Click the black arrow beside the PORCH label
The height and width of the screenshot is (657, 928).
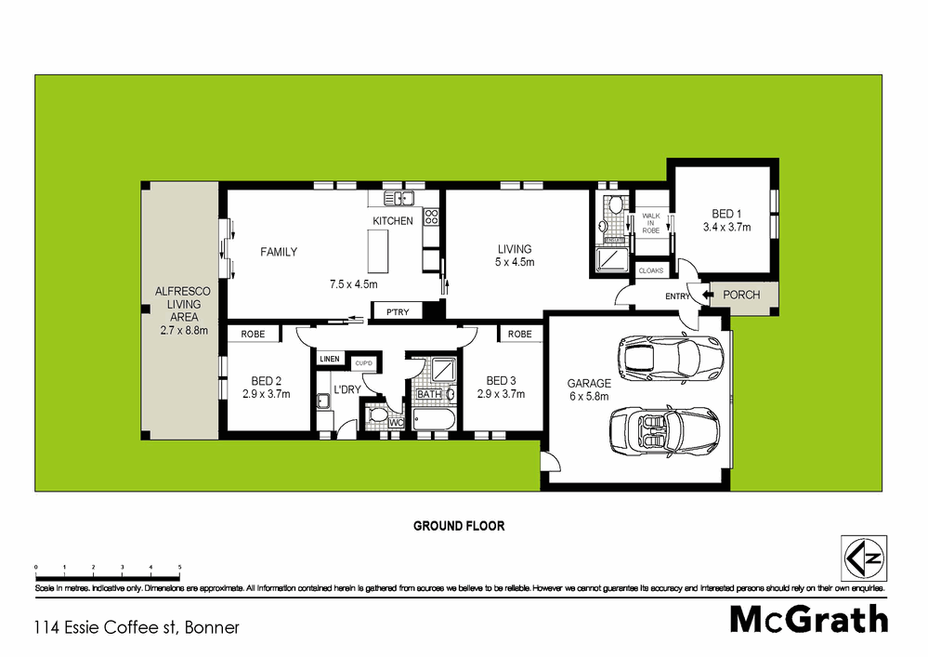(708, 296)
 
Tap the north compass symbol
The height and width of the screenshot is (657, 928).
(863, 559)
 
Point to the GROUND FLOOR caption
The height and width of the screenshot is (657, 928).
(459, 526)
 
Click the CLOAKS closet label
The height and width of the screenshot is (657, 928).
(650, 270)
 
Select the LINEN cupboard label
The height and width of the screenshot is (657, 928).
(330, 359)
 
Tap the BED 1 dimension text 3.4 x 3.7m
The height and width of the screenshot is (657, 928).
(725, 227)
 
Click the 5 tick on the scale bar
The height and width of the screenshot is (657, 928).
(179, 566)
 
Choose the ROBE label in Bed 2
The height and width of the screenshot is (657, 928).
(254, 334)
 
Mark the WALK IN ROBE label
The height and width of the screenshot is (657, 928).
(651, 222)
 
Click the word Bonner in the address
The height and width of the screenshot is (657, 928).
(213, 628)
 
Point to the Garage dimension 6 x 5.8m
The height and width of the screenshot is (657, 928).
(590, 397)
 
